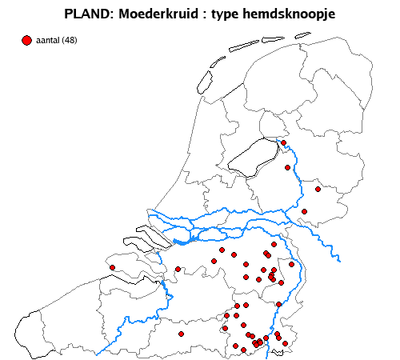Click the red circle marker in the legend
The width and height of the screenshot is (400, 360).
click(26, 40)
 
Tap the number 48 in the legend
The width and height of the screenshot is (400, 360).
click(70, 40)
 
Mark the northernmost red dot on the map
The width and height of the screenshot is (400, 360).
click(284, 143)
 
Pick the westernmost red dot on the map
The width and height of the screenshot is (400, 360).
click(113, 267)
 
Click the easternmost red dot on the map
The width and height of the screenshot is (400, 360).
click(318, 190)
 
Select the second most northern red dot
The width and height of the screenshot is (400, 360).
click(287, 167)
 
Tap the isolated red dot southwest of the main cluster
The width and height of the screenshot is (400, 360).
click(182, 334)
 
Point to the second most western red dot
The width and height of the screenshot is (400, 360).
click(178, 269)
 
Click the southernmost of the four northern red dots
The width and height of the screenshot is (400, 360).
click(304, 211)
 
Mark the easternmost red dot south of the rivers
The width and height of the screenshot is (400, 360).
click(292, 265)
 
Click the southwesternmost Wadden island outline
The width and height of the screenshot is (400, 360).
click(203, 80)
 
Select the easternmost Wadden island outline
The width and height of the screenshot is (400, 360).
click(302, 34)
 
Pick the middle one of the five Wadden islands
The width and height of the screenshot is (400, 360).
click(243, 45)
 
